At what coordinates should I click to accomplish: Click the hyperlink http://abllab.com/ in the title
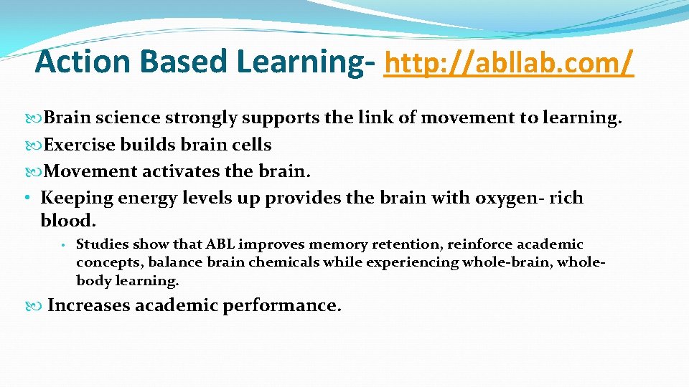510,62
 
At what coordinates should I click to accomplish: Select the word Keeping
75,198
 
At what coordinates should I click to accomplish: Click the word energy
141,198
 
